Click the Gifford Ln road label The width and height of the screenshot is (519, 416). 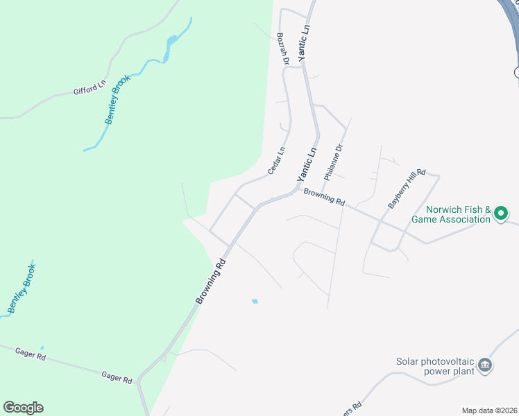[90, 88]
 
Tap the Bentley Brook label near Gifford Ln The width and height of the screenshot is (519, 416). [118, 101]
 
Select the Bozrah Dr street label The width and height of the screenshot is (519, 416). [282, 49]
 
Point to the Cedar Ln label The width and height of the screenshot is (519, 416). [277, 161]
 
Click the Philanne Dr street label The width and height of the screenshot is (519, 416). [334, 160]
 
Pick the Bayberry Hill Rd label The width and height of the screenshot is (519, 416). [406, 188]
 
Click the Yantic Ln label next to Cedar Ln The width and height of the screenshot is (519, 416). [307, 164]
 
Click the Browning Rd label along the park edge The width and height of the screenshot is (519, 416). [212, 282]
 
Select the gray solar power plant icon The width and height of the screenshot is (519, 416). [485, 365]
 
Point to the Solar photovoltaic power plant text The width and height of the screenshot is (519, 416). [435, 366]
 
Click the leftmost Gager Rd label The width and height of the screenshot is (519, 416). [31, 354]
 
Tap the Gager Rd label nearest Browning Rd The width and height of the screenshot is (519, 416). [117, 376]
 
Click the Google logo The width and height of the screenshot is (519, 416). [23, 408]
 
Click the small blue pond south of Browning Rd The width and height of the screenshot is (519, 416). [255, 301]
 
